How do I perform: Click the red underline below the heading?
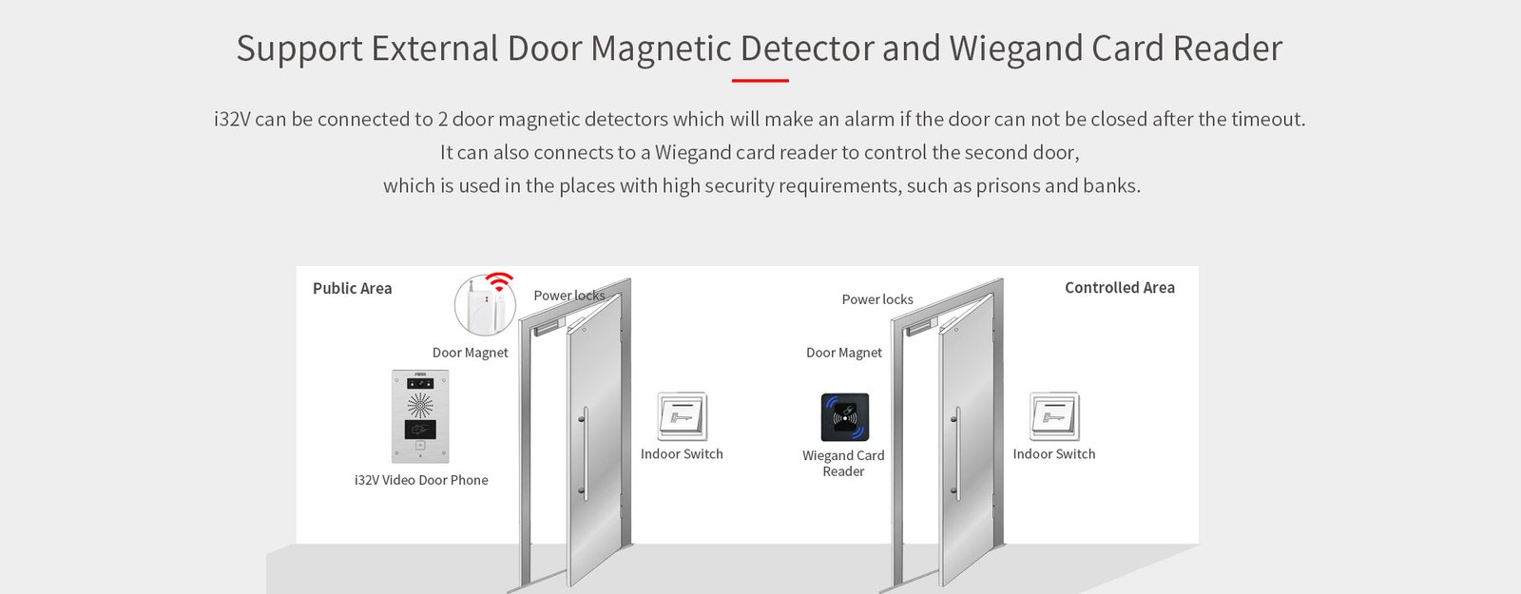point(760,80)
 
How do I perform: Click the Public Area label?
point(352,289)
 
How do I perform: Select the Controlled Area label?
point(1119,288)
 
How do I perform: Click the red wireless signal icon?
point(500,281)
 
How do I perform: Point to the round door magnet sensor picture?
point(485,305)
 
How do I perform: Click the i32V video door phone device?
point(420,416)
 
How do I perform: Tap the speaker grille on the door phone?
point(419,405)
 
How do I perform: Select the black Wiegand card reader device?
point(845,417)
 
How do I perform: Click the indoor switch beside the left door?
point(682,416)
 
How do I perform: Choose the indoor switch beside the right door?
point(1054,416)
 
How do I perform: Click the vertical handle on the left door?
point(585,453)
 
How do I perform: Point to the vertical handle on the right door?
point(956,453)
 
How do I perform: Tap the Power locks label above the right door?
point(877,299)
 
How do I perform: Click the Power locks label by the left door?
point(569,296)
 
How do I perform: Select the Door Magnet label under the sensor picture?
point(470,353)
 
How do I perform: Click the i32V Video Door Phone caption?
point(421,480)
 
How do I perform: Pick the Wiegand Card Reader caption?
point(843,464)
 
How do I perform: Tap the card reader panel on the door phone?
point(420,429)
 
